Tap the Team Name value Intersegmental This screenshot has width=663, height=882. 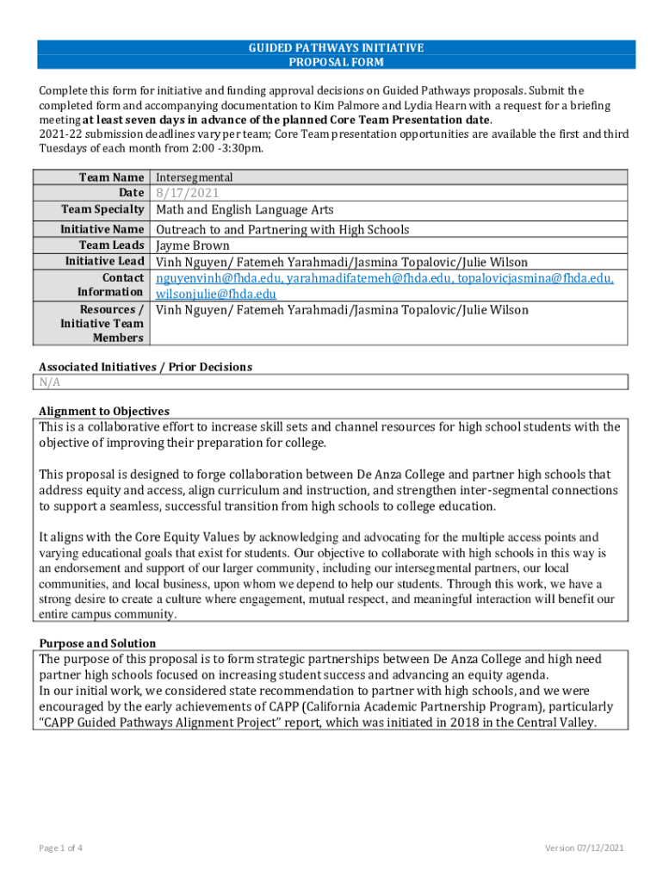pos(194,177)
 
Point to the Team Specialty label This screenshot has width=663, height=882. pos(102,209)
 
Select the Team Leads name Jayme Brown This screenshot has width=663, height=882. pos(193,245)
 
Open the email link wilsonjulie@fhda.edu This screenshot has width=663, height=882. pos(216,294)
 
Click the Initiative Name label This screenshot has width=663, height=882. pos(102,230)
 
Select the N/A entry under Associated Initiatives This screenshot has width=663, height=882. pos(50,382)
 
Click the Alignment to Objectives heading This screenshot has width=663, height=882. pos(104,411)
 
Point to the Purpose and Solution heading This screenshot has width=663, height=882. pos(97,643)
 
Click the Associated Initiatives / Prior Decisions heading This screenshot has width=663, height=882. pos(146,367)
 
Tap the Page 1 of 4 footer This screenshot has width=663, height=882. pos(60,848)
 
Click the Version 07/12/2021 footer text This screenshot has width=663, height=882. pos(584,848)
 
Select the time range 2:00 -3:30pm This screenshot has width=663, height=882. pos(222,148)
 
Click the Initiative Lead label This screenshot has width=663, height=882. pos(105,262)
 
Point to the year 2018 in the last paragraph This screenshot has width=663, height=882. pos(455,723)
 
